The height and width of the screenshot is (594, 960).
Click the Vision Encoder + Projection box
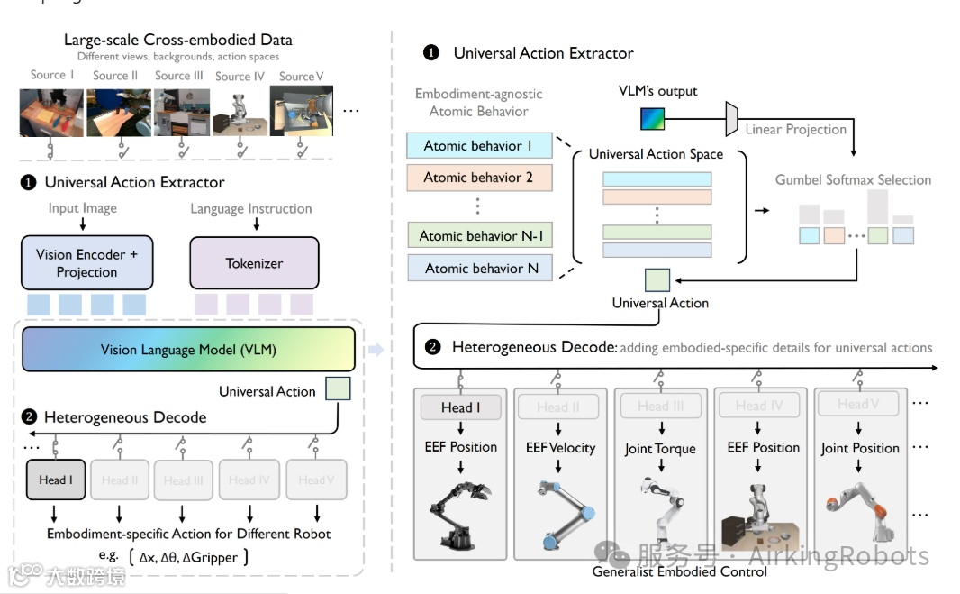click(86, 263)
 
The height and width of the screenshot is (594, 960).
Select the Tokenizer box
click(254, 263)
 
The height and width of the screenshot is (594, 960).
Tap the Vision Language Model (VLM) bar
click(188, 350)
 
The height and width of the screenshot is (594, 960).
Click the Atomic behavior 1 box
click(478, 146)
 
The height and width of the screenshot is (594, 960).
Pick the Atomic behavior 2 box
click(478, 178)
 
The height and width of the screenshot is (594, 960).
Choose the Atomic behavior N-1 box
click(478, 236)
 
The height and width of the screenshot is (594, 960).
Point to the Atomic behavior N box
click(478, 268)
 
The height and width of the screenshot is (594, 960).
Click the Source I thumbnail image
click(51, 111)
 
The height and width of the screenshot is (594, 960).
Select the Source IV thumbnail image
click(240, 112)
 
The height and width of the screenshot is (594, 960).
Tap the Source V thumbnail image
click(302, 111)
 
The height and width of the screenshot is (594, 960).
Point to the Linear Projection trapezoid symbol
click(732, 118)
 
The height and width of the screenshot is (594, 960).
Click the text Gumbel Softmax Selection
click(853, 180)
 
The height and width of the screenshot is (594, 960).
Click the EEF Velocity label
click(560, 447)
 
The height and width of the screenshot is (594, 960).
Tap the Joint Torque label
click(660, 448)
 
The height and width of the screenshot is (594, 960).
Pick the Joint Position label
click(860, 448)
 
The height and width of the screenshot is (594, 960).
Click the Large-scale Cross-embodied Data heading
click(177, 40)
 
